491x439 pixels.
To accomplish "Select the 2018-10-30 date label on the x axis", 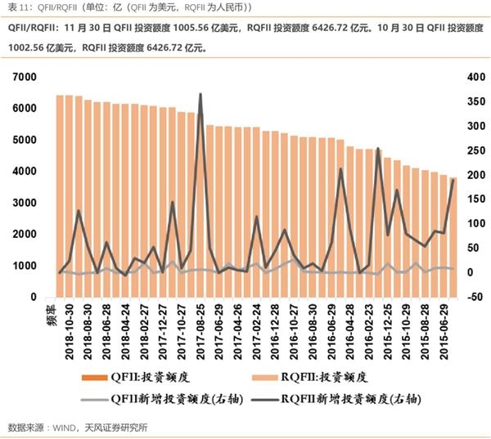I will [x=71, y=327].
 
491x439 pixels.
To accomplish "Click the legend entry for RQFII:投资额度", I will [x=327, y=379].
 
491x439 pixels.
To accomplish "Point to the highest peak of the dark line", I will [x=200, y=95].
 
